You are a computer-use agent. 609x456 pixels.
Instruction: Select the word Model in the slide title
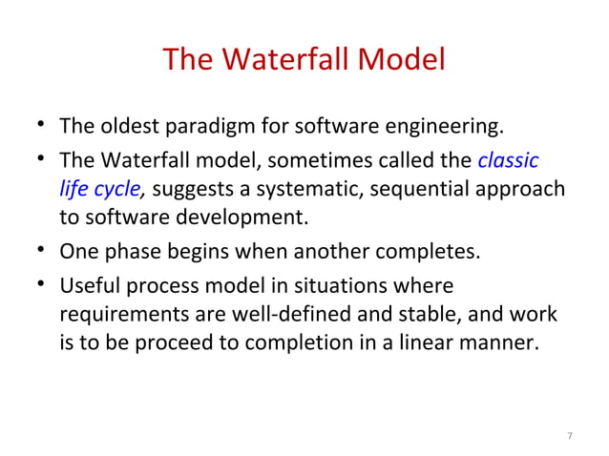point(405,61)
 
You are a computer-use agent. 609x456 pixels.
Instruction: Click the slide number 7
point(569,437)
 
